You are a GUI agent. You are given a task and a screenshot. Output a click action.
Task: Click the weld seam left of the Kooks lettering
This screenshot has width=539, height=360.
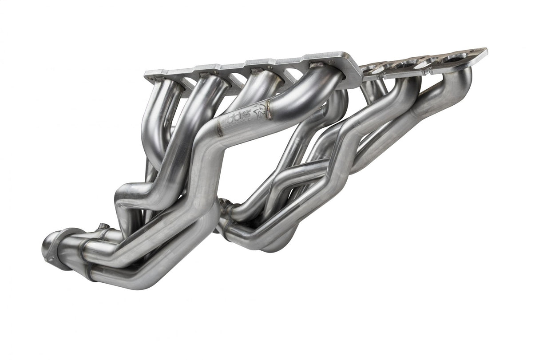pyautogui.click(x=218, y=129)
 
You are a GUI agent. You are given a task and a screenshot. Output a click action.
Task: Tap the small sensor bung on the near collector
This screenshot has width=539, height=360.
pyautogui.click(x=103, y=227)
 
